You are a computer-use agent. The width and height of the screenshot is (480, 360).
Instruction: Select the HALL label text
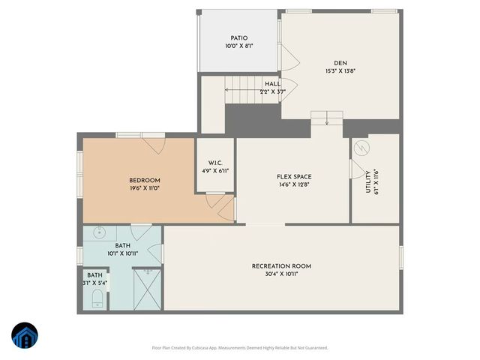point(272,84)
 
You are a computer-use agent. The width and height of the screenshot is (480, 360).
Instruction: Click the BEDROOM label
point(145,180)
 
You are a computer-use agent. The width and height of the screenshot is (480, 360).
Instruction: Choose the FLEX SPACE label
point(293,176)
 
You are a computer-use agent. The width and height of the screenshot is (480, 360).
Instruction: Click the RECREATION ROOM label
point(281,266)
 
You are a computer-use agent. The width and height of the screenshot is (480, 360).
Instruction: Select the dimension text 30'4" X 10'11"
point(281,274)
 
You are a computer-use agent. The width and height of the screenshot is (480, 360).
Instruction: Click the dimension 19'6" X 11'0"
point(145,188)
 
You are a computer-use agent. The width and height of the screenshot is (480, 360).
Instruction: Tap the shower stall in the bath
point(146,291)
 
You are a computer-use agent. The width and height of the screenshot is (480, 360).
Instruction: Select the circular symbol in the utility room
point(363,147)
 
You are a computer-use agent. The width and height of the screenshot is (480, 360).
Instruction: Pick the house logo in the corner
point(25,336)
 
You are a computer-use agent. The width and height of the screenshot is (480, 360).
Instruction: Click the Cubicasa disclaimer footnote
point(239,347)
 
